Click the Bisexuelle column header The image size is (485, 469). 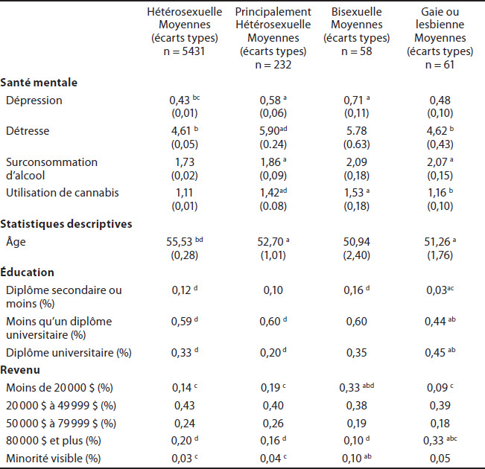pos(357,12)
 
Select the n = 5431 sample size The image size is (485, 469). pos(184,51)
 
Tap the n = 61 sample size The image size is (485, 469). pos(440,65)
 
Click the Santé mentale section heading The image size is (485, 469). pos(39,83)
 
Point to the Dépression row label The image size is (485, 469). pos(34,100)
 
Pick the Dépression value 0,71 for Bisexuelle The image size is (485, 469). pos(353,100)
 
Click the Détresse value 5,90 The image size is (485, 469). pos(270,131)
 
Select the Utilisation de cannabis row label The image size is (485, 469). pos(63,193)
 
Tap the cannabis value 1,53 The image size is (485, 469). pos(354,193)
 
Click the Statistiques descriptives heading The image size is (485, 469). pos(66,224)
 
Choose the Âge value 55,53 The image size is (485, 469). pos(180,242)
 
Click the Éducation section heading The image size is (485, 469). pos(28,272)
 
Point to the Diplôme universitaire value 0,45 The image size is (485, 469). pos(435,353)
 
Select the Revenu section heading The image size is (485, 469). pos(20,370)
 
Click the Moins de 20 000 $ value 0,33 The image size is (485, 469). pos(350,388)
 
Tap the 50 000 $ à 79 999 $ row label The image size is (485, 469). pos(61,424)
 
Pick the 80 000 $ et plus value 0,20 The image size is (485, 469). pos(183,441)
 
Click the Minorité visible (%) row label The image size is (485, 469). pos(53,458)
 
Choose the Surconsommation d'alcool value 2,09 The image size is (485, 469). pos(357,162)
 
